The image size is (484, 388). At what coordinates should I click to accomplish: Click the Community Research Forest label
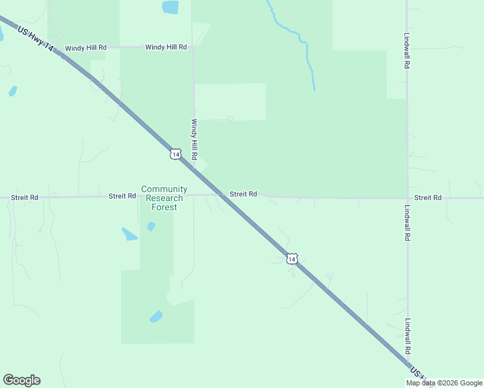(164, 198)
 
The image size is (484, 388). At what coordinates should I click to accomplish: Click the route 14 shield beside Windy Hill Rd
(175, 153)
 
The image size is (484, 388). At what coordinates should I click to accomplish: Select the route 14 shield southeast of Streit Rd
(292, 259)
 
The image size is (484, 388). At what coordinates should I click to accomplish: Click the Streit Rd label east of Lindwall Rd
(428, 197)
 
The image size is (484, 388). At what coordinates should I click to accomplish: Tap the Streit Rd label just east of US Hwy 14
(243, 193)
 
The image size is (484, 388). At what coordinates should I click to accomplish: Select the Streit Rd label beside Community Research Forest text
(122, 195)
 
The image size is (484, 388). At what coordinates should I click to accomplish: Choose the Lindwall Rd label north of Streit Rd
(407, 52)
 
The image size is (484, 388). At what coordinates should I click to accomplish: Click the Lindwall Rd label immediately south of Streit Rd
(407, 224)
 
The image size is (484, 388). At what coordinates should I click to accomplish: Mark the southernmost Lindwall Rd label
(407, 336)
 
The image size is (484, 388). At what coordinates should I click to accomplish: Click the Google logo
(21, 380)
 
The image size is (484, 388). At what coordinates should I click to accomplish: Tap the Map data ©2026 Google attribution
(443, 383)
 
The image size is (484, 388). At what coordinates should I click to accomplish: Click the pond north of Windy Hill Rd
(170, 8)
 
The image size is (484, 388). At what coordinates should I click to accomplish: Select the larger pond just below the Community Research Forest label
(129, 233)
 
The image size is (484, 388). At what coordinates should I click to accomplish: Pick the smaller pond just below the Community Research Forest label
(151, 226)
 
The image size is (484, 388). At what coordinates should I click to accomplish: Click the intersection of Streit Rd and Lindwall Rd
(407, 198)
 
